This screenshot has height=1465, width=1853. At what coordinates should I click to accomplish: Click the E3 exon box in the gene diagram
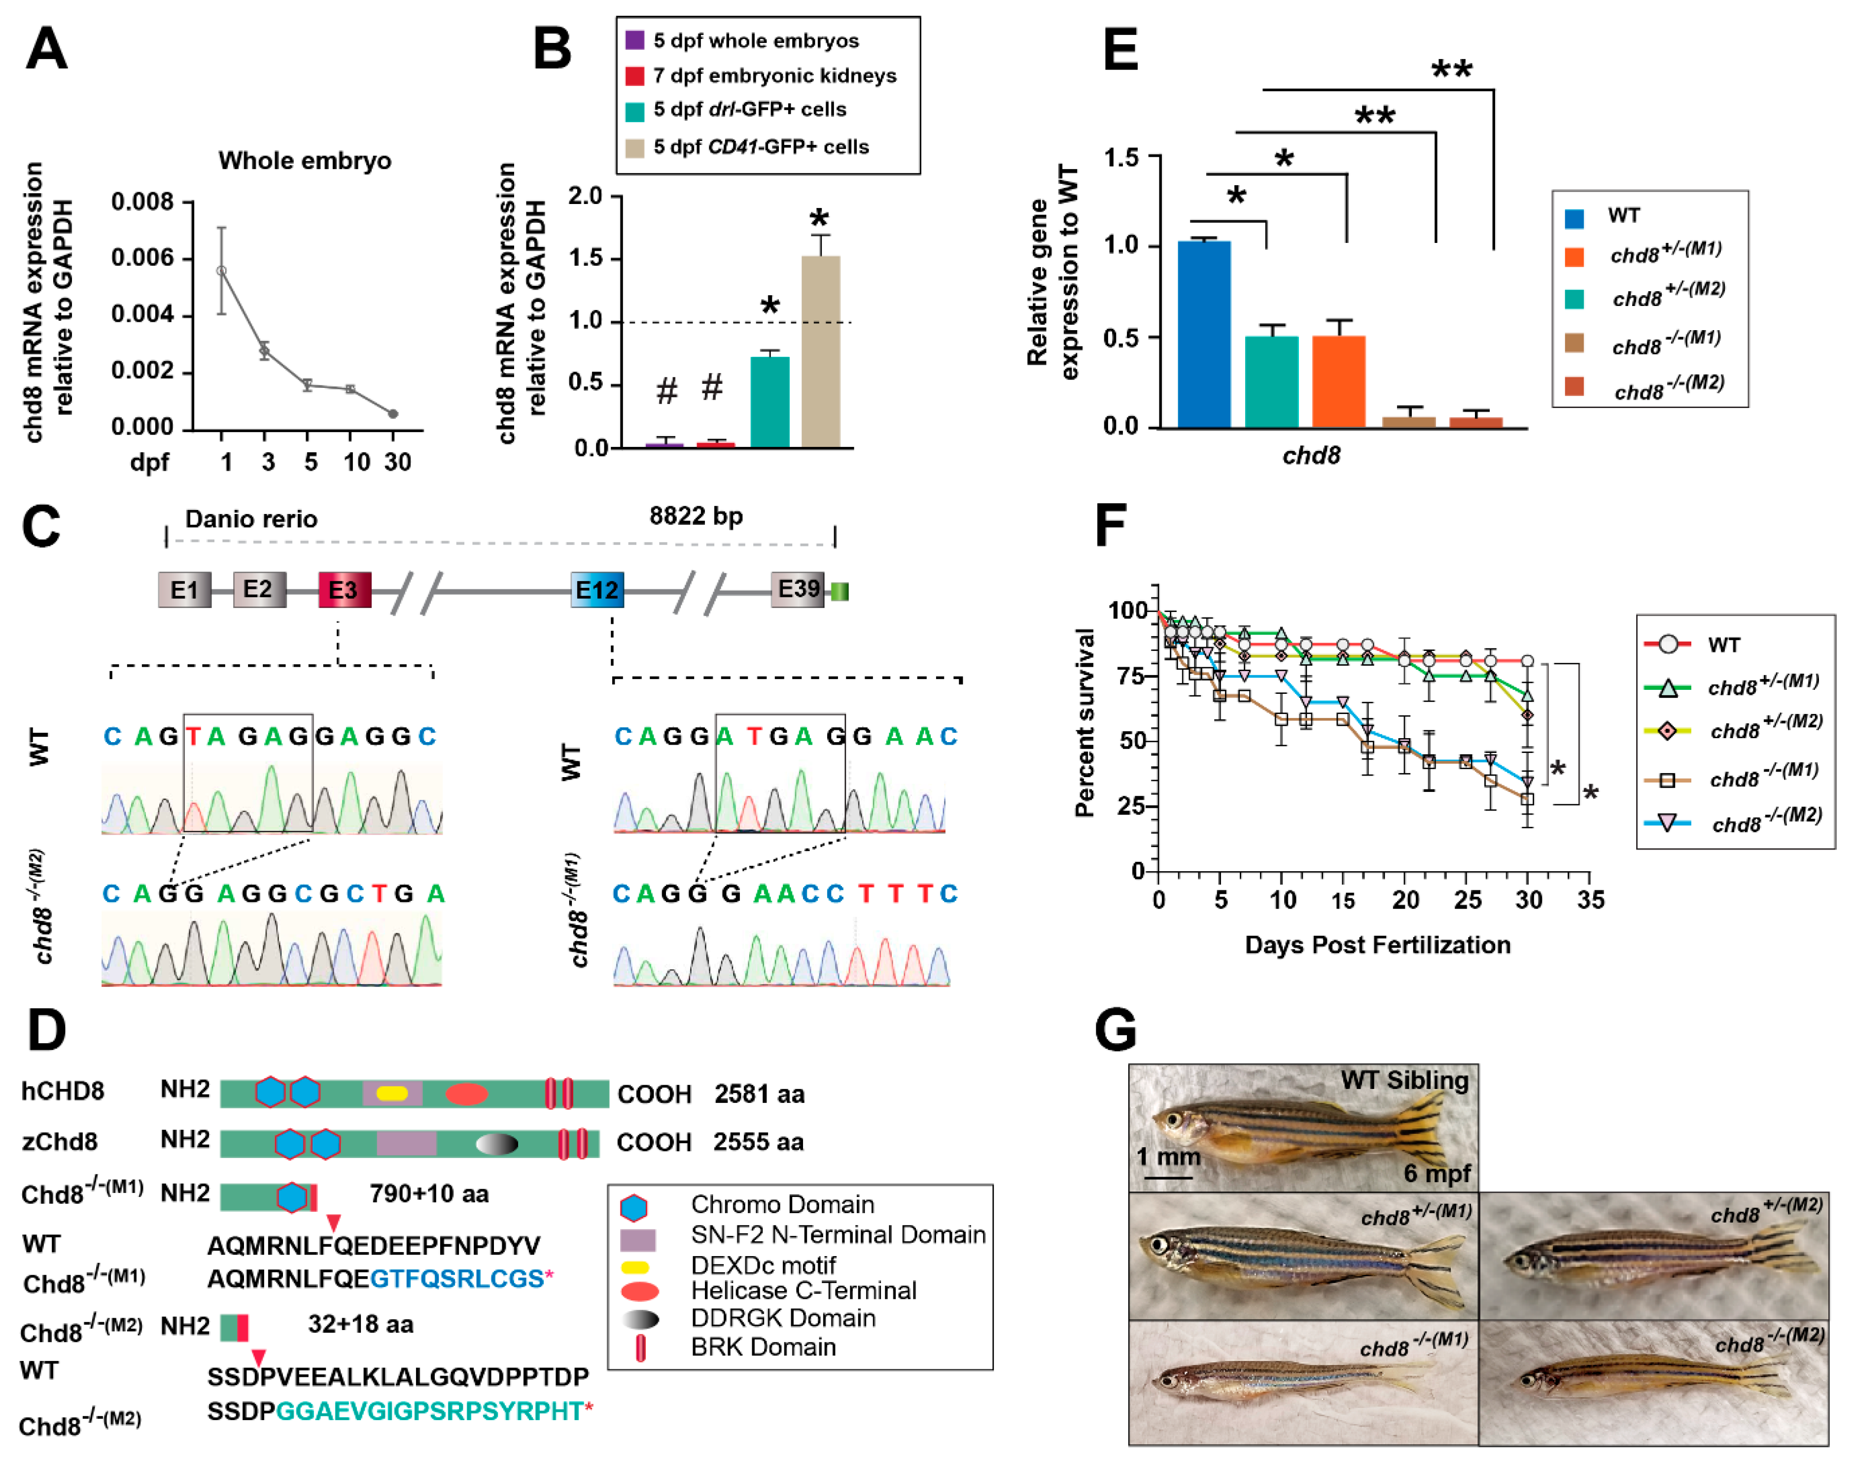[344, 590]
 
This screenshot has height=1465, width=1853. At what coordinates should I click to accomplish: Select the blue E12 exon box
[597, 590]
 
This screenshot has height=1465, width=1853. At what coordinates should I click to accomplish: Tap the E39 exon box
[798, 589]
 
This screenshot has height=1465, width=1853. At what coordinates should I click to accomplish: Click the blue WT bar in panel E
[1204, 335]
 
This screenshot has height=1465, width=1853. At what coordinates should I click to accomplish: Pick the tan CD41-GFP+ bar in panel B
[821, 352]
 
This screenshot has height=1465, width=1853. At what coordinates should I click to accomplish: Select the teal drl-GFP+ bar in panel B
[769, 402]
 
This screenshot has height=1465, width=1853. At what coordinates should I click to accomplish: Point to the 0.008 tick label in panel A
[142, 203]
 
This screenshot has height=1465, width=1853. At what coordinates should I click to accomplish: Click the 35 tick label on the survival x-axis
[1590, 900]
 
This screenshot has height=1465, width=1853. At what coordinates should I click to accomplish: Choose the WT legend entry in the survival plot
[1722, 645]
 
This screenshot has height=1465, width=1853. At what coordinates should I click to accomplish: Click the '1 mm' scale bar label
[1168, 1157]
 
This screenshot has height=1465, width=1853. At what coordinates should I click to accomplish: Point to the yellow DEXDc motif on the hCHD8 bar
[392, 1093]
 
